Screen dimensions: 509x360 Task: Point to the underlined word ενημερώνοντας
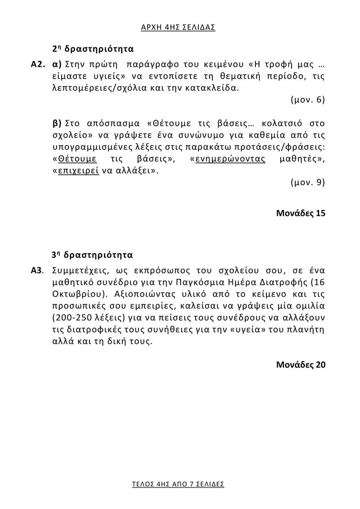230,159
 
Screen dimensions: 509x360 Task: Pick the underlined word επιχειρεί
73,171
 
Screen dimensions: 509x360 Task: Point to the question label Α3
37,269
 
